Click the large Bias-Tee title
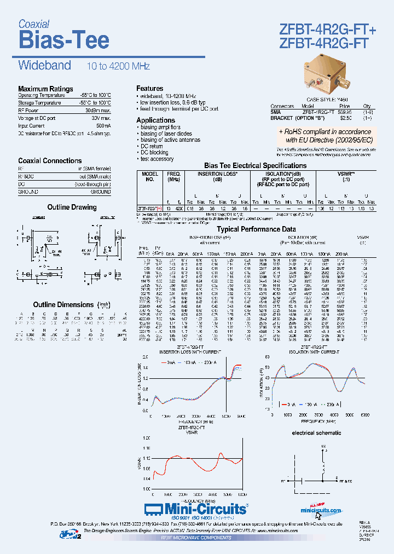tap(64, 40)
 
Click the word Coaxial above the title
tap(34, 24)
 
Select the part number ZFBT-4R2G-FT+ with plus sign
tap(328, 30)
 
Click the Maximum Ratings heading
tap(45, 89)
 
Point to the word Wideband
tap(45, 66)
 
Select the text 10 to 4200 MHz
tap(118, 66)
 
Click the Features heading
tap(149, 88)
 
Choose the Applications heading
tap(155, 120)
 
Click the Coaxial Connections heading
tap(50, 160)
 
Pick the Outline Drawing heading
tap(72, 207)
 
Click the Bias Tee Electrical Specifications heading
tap(256, 165)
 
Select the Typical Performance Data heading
tap(256, 229)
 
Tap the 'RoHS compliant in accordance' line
tap(326, 132)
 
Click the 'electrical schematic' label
tap(317, 433)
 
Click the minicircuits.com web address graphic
tap(321, 510)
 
